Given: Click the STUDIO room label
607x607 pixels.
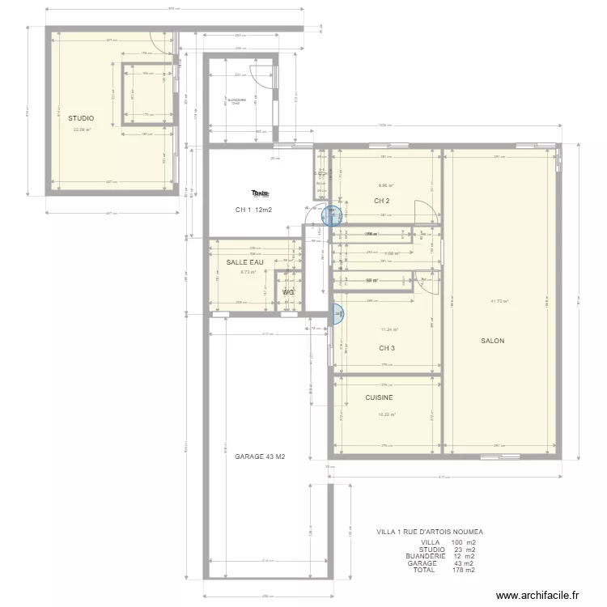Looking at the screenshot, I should point(80,118).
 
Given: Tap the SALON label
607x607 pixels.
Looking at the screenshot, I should point(492,341).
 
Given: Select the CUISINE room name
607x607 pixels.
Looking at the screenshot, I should point(379,397).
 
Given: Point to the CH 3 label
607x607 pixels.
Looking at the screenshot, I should point(387,348).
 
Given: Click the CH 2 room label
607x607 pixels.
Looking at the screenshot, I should point(382,201).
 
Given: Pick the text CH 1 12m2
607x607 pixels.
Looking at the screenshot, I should point(253,210).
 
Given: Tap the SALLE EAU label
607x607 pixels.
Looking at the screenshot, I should point(245,262).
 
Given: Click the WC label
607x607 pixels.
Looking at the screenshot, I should point(288,292).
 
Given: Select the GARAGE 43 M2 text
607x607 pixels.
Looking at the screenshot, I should point(260,456).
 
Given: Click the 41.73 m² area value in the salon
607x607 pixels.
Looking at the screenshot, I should point(499,301).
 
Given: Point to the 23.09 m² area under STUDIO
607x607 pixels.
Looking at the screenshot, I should point(82,129).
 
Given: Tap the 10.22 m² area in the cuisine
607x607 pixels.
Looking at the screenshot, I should point(387,415).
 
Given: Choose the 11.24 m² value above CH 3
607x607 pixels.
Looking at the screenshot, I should point(389,329).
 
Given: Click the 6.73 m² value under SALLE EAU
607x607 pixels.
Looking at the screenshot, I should point(248,272).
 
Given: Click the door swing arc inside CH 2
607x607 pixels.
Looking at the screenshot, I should point(423,210).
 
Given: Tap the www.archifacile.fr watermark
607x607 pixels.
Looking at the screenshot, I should point(538,595).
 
